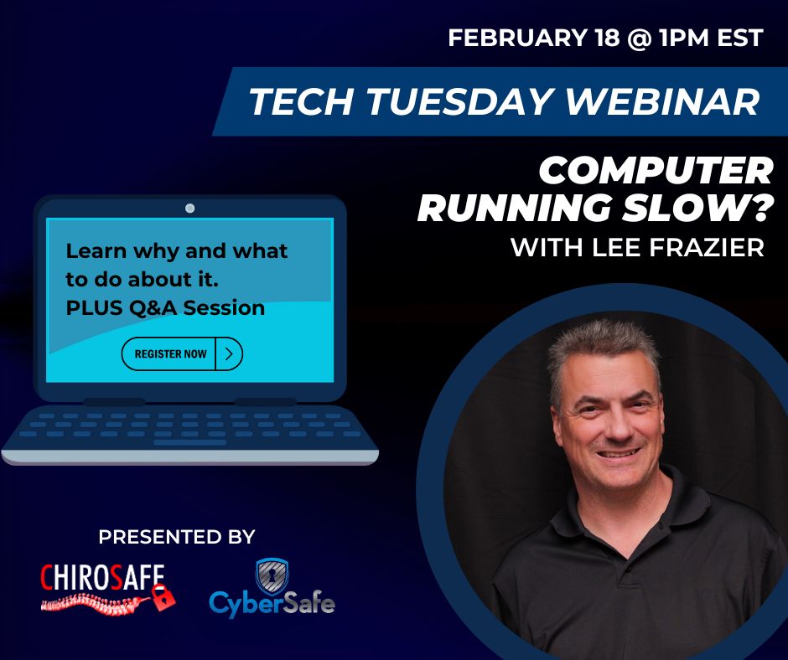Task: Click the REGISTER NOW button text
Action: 170,354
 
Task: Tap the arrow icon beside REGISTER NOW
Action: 229,354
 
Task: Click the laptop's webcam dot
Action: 190,208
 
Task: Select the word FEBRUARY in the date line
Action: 517,39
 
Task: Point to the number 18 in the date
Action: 607,39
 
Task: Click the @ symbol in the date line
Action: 640,39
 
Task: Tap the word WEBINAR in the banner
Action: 662,102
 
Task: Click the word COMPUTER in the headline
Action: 656,171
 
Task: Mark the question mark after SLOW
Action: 758,208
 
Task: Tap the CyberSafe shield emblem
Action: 272,576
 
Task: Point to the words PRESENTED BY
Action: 177,537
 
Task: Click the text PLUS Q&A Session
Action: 165,308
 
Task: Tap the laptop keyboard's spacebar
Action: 189,443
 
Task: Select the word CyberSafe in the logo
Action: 272,603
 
